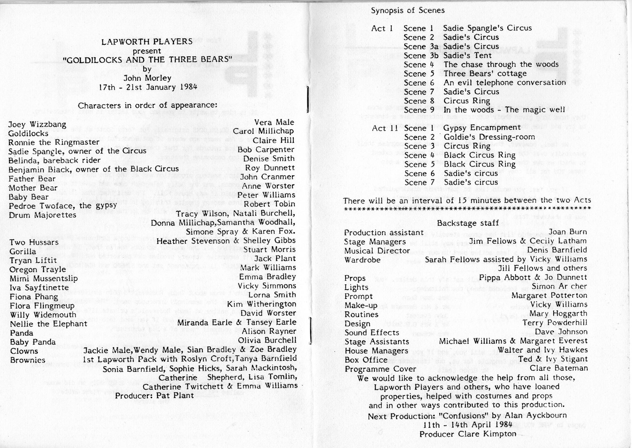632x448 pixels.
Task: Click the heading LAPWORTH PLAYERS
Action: [x=147, y=41]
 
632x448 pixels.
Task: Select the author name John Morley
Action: [x=147, y=78]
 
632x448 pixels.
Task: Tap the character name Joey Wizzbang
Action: [x=37, y=125]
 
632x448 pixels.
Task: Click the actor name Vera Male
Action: [x=274, y=122]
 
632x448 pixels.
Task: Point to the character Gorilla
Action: [x=23, y=251]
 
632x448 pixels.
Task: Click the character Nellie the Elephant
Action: [x=48, y=324]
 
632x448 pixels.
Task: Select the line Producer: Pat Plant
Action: [x=154, y=395]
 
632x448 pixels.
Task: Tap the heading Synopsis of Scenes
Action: [x=408, y=10]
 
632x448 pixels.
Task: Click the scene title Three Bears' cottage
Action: [x=485, y=74]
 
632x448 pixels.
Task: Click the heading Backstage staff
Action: [x=468, y=223]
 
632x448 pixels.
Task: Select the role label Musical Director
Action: [x=377, y=251]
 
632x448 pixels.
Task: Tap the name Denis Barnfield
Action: [x=557, y=250]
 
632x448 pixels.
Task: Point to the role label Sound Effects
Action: [x=372, y=332]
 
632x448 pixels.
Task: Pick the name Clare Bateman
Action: [x=559, y=368]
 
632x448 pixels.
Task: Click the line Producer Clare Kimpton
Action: [x=468, y=434]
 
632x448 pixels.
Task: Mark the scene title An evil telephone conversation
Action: [x=505, y=83]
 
